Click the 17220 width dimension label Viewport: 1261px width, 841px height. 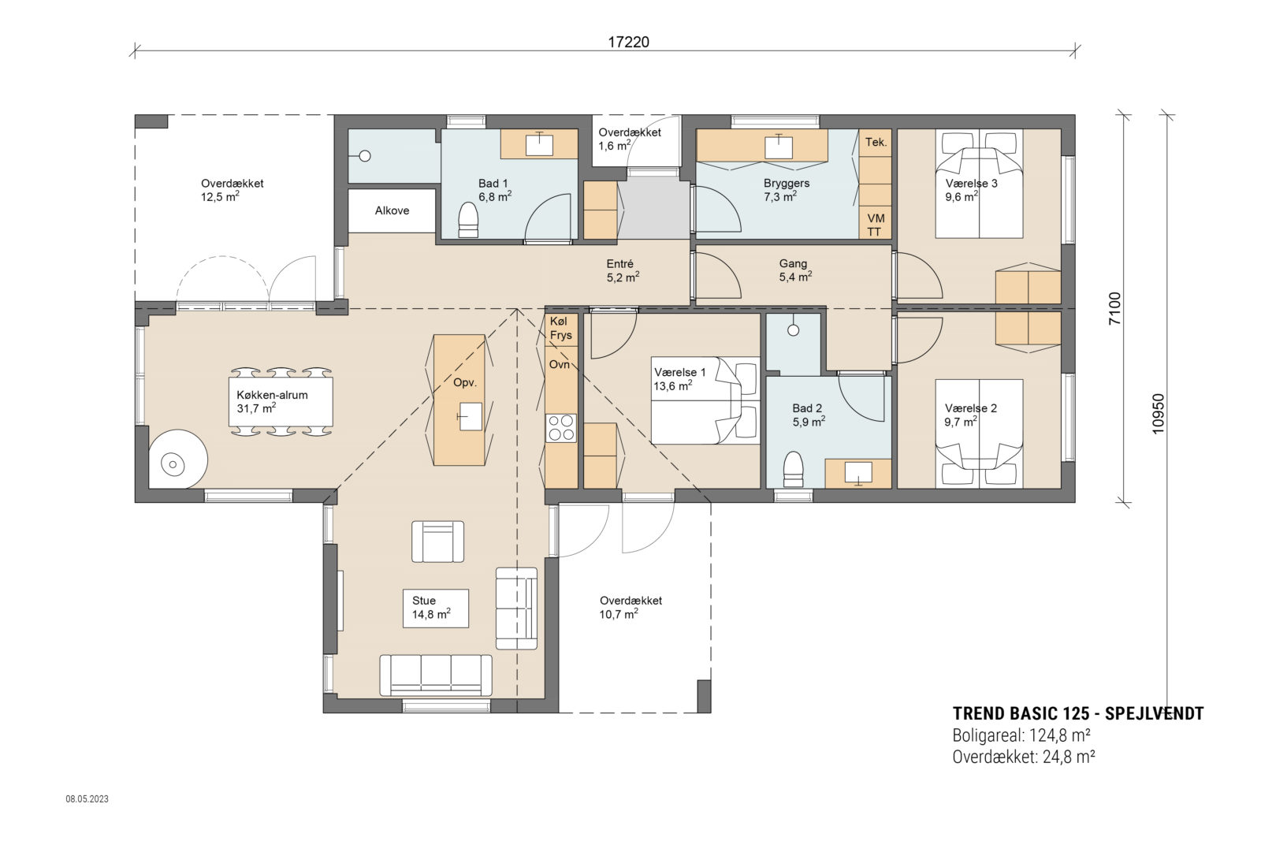[628, 42]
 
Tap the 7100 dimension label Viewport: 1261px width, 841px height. [1114, 308]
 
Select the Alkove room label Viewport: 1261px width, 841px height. [392, 210]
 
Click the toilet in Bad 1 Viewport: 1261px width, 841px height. [468, 219]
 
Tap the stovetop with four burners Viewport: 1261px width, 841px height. [561, 428]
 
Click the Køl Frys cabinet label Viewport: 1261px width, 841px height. [561, 329]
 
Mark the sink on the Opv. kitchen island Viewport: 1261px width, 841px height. [471, 416]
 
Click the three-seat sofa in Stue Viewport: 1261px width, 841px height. [436, 675]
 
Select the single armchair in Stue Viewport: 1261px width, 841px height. [437, 541]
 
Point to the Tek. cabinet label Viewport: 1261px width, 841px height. [876, 142]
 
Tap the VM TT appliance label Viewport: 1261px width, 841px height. [876, 225]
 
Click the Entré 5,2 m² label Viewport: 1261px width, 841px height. [623, 270]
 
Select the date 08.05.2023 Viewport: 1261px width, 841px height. [87, 799]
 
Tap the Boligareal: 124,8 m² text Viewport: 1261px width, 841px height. [1021, 735]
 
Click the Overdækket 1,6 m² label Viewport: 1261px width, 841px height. [628, 139]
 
